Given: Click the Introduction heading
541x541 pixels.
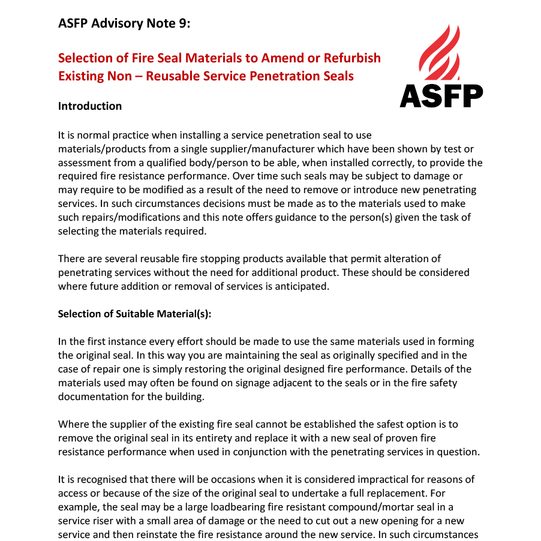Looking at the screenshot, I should (x=90, y=106).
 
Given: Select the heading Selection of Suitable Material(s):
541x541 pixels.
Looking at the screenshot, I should (x=135, y=314).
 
